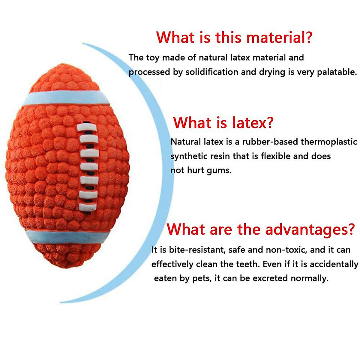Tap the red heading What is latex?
coord(223,123)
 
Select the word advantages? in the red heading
coord(310,230)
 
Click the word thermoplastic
coord(329,142)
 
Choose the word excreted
coord(270,278)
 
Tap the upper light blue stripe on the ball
coord(66,97)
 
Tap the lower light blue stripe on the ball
coord(67,237)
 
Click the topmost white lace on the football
coord(87,127)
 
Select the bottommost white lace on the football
coord(87,207)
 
